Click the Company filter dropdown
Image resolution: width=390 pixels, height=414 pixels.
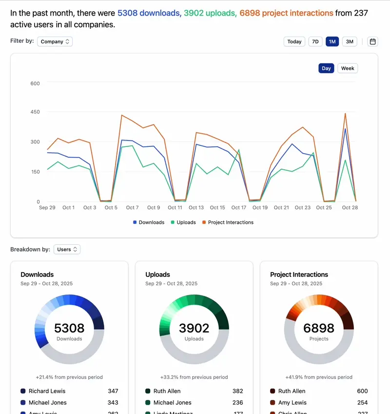pos(56,41)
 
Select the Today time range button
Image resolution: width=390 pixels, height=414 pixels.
pos(294,41)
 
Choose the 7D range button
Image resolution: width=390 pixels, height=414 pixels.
pos(315,41)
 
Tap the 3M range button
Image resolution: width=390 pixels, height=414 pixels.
pos(350,41)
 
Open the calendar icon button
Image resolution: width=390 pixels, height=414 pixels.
pos(373,41)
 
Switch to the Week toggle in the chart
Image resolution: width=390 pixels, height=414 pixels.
pos(348,68)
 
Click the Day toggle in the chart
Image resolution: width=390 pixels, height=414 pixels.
pos(326,68)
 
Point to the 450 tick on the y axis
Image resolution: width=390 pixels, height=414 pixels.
pos(35,112)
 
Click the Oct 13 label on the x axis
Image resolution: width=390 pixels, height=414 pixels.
pos(196,207)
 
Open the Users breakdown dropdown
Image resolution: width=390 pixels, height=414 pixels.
pos(67,249)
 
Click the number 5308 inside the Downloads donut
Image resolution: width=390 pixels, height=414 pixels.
pos(69,328)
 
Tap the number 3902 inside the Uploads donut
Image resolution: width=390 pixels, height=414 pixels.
pos(194,328)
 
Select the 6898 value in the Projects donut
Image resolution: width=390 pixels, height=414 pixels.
pos(319,328)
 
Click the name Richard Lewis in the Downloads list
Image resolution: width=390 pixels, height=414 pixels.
pos(47,391)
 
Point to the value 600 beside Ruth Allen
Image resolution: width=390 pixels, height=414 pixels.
pos(362,391)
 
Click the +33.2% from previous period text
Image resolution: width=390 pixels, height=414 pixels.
pos(194,377)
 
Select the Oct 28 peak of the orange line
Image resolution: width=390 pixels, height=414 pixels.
pos(345,114)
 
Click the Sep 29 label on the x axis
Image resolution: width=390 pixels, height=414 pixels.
pos(47,207)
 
